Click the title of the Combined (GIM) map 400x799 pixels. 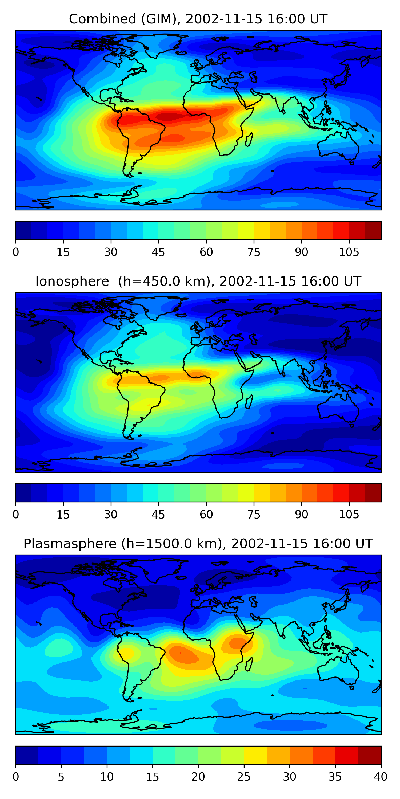(x=198, y=19)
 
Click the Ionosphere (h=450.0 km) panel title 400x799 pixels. (x=198, y=281)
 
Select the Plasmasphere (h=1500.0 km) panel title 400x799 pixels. (x=198, y=544)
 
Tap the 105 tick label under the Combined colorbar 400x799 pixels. (x=349, y=252)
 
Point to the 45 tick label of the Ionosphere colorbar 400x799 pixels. (x=158, y=515)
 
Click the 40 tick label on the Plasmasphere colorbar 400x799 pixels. (x=381, y=777)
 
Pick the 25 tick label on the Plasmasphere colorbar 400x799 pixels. (x=243, y=777)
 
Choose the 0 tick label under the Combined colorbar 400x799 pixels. (x=16, y=252)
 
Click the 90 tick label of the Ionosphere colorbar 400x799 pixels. (x=301, y=515)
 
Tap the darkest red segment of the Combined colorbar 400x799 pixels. (x=373, y=230)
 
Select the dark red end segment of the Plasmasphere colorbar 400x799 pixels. (x=369, y=755)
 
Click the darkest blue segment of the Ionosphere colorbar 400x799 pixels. (x=24, y=492)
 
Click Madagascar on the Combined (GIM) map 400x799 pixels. (x=249, y=140)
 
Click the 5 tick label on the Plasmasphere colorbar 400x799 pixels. (x=61, y=777)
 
